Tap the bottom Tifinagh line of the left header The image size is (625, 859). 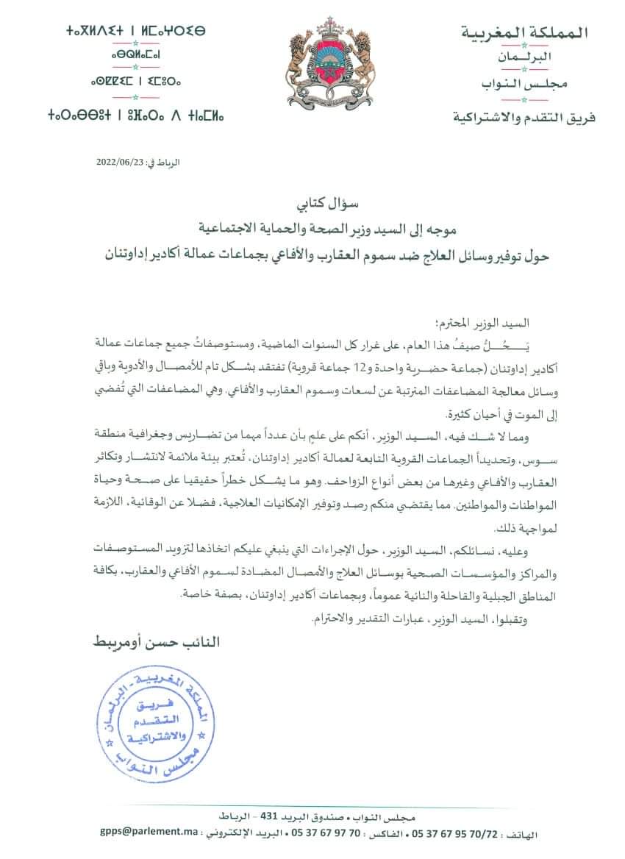(x=136, y=115)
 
